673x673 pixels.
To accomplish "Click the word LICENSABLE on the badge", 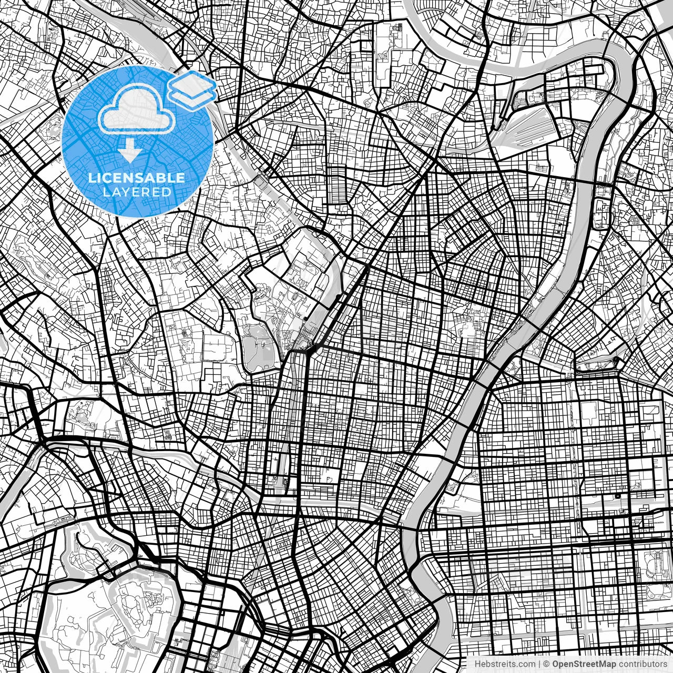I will click(x=137, y=178).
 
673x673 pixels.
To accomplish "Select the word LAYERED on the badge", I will click(x=137, y=192).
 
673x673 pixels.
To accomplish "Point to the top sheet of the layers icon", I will click(x=192, y=82).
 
